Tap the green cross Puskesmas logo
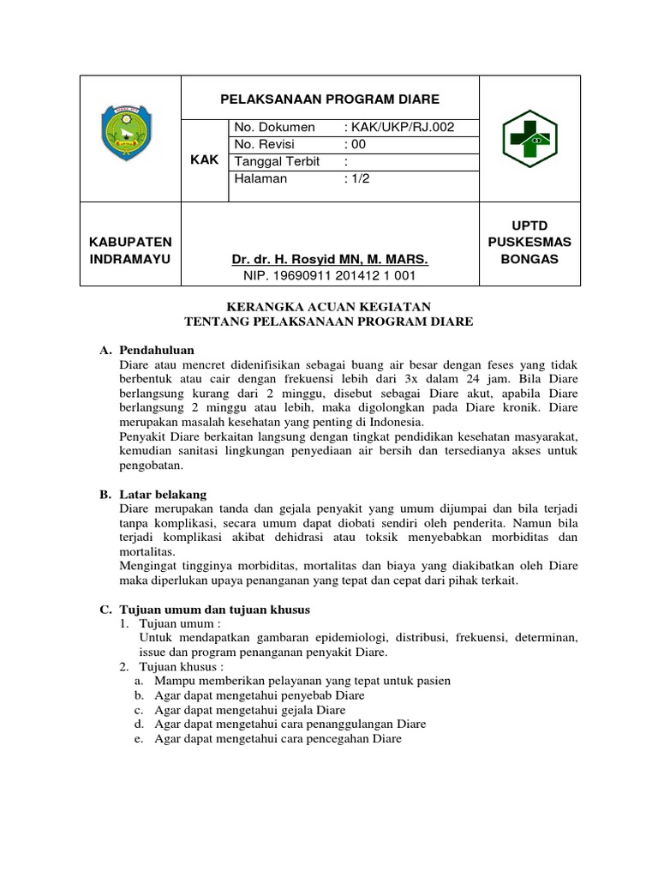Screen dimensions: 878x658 [x=529, y=137]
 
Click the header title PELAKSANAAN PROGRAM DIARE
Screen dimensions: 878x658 [x=330, y=99]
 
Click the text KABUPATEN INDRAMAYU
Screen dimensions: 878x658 [x=129, y=250]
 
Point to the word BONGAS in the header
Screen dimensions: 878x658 [x=529, y=259]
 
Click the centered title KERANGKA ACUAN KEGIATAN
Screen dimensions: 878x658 [x=329, y=306]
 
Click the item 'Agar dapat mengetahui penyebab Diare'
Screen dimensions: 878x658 [x=260, y=695]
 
